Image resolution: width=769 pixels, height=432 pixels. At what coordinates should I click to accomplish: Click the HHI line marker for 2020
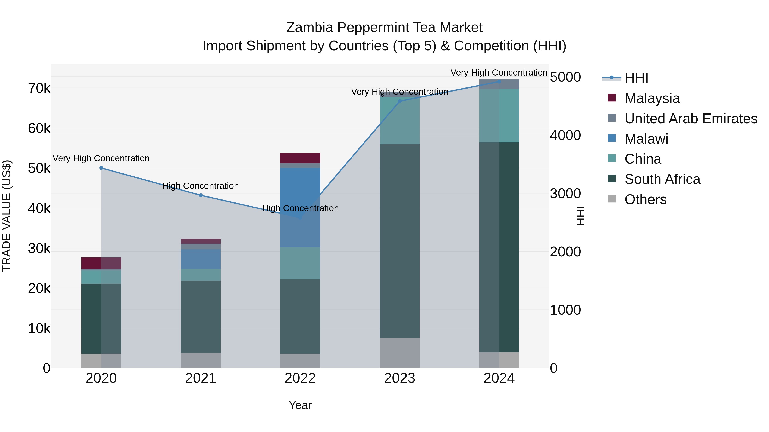[101, 168]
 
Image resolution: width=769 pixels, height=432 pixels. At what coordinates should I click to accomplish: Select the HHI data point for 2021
[201, 195]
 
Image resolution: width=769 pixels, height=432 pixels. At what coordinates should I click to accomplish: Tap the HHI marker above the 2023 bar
[400, 101]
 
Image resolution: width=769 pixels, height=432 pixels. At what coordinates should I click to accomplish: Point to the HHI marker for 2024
[499, 81]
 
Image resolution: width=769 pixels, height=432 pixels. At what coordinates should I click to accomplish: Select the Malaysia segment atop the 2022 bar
[300, 158]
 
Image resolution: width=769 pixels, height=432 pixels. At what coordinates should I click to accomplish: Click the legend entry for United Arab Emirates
[691, 118]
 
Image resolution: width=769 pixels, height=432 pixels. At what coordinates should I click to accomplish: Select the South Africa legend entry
[662, 179]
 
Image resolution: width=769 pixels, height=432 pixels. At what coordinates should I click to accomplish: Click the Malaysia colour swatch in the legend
[612, 97]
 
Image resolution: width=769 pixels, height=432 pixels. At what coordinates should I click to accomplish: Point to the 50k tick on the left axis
[39, 169]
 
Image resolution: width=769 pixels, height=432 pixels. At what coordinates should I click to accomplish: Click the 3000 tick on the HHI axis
[565, 193]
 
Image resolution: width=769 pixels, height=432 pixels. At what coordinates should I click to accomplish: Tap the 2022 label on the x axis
[300, 378]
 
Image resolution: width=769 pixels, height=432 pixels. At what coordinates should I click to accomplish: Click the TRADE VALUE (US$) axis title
[7, 216]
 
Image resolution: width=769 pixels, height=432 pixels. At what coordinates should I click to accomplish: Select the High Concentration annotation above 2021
[200, 186]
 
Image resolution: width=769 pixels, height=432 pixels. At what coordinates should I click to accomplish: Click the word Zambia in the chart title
[309, 28]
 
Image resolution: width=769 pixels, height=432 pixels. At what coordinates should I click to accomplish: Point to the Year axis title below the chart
[300, 405]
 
